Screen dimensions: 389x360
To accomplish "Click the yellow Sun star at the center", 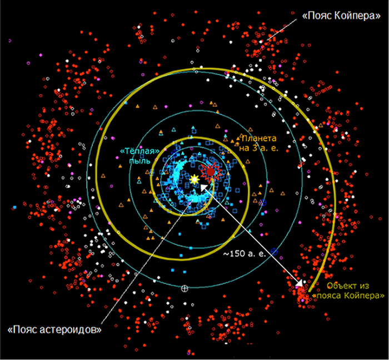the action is point(194,179).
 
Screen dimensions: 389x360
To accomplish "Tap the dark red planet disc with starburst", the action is point(211,172).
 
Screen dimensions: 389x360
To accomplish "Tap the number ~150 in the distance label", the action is point(232,254).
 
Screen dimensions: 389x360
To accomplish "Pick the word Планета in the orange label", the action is point(258,138).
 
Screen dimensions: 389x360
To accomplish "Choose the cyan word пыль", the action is point(139,160).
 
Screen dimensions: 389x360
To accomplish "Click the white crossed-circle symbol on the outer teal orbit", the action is point(184,288).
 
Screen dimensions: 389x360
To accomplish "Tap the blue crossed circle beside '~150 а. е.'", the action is point(274,251).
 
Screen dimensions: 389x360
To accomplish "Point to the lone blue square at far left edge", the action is point(15,207).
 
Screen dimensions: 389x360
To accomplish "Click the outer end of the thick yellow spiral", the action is point(310,290).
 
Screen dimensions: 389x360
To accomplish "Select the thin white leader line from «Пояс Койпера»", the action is point(282,30).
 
